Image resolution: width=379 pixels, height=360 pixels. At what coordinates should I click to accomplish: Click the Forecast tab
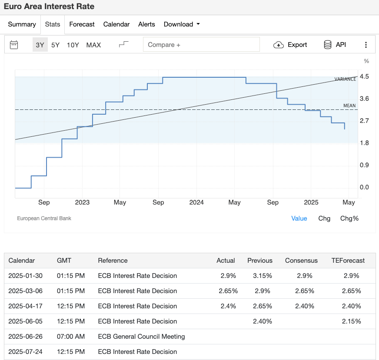pyautogui.click(x=82, y=24)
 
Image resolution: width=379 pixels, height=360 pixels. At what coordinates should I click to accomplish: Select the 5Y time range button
pyautogui.click(x=55, y=45)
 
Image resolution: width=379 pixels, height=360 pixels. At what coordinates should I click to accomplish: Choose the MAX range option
pyautogui.click(x=93, y=45)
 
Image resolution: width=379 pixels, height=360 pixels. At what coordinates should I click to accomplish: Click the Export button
pyautogui.click(x=290, y=45)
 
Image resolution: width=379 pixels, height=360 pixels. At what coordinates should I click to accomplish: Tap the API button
pyautogui.click(x=335, y=45)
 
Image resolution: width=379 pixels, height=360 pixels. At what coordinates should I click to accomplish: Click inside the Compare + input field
pyautogui.click(x=201, y=45)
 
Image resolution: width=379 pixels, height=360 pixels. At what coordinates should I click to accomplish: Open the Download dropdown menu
pyautogui.click(x=182, y=24)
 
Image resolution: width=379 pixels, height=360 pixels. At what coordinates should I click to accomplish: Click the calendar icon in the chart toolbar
pyautogui.click(x=14, y=45)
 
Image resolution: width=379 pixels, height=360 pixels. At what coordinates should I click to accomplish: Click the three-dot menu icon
pyautogui.click(x=366, y=45)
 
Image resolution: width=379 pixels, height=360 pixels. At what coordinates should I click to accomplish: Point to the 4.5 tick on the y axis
pyautogui.click(x=365, y=76)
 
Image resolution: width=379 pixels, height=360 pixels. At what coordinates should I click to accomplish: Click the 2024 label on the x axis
pyautogui.click(x=196, y=202)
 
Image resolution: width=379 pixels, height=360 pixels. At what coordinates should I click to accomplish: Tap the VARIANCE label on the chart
pyautogui.click(x=345, y=79)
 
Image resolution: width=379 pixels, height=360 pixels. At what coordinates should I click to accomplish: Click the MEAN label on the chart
pyautogui.click(x=349, y=106)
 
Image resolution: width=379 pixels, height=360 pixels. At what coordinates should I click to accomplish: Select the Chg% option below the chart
pyautogui.click(x=349, y=218)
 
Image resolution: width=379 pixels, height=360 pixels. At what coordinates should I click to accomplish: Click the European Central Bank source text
pyautogui.click(x=44, y=218)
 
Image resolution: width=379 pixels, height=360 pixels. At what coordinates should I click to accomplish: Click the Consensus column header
pyautogui.click(x=301, y=261)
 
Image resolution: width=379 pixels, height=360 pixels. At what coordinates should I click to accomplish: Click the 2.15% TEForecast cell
pyautogui.click(x=351, y=321)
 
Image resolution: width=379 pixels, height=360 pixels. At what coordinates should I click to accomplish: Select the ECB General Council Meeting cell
pyautogui.click(x=141, y=337)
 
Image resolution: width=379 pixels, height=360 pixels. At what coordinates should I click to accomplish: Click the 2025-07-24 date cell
pyautogui.click(x=26, y=352)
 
